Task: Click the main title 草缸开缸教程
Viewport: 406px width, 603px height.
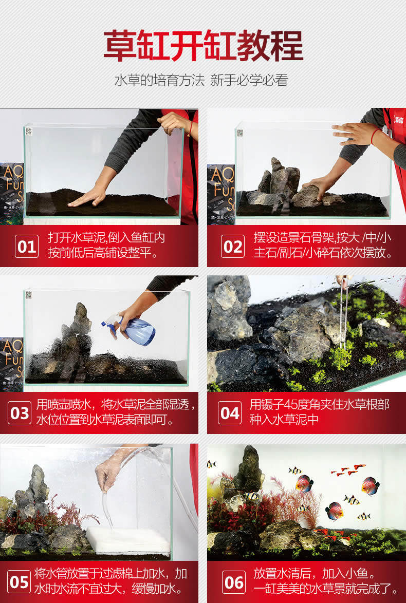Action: point(203,46)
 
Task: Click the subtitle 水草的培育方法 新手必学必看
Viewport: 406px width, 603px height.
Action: point(201,80)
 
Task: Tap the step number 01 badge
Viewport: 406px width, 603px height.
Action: point(27,246)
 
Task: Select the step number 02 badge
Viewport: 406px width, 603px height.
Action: point(233,246)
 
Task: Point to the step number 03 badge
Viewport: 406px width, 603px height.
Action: point(19,412)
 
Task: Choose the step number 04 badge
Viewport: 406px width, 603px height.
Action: point(230,412)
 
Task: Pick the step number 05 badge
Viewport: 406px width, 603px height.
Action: point(19,581)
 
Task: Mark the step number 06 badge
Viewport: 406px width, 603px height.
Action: point(234,581)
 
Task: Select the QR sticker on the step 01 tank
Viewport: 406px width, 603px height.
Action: point(29,131)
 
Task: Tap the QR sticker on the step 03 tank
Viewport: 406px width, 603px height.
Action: point(29,295)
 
